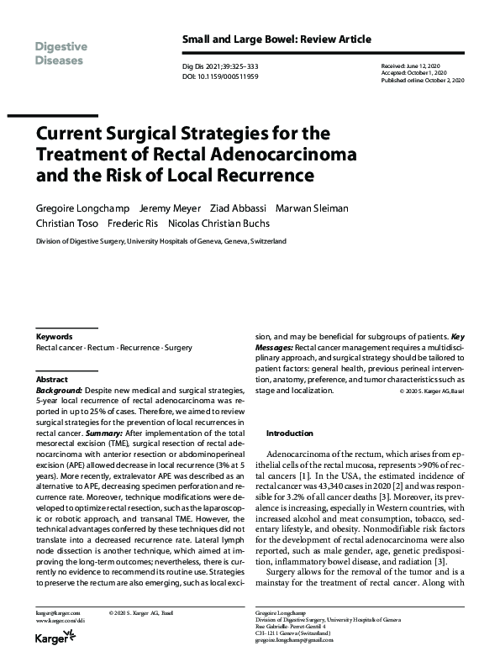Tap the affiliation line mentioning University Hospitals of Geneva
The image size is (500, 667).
pos(161,240)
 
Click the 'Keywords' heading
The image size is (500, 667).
pos(55,337)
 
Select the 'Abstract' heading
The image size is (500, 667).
pos(52,380)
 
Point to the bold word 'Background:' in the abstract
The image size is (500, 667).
pos(59,391)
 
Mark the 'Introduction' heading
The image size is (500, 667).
pos(288,433)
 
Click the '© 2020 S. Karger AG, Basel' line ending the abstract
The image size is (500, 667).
pos(428,391)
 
